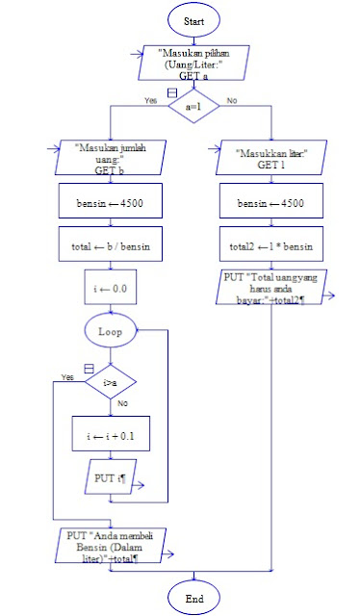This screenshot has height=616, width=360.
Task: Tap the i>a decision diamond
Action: point(111,383)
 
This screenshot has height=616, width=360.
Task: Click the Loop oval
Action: point(111,331)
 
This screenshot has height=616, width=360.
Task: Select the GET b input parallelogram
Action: point(111,156)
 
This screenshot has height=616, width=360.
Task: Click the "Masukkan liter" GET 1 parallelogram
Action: point(271,157)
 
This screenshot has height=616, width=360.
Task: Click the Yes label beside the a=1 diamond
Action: point(150,100)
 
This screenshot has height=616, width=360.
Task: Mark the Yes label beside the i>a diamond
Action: point(66,376)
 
